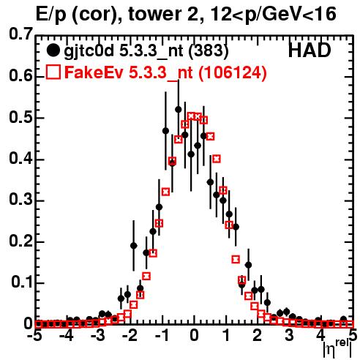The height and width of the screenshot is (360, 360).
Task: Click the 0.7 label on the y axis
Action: [20, 34]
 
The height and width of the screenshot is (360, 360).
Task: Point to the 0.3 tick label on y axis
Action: [20, 199]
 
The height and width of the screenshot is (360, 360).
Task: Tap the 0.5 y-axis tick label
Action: [20, 117]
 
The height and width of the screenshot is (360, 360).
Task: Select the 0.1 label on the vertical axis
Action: [21, 282]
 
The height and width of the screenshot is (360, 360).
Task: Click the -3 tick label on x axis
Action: [97, 336]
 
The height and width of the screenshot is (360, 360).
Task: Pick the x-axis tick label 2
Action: [258, 336]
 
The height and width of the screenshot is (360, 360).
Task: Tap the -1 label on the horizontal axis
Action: [162, 336]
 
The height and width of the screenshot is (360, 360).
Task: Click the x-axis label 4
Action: [321, 336]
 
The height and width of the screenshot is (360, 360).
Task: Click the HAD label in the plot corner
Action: [310, 50]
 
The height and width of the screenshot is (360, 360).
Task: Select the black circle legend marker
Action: [53, 50]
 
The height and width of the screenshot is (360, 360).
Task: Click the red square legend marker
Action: [53, 72]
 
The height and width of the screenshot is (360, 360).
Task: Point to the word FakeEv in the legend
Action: [94, 72]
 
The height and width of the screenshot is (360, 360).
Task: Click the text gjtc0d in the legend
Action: [89, 51]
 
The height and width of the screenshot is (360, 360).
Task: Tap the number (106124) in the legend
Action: [232, 73]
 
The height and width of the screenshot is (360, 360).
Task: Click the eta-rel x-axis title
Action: [337, 348]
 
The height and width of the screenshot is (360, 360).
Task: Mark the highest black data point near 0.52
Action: [179, 110]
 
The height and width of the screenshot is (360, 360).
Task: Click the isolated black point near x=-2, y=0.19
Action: [133, 246]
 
